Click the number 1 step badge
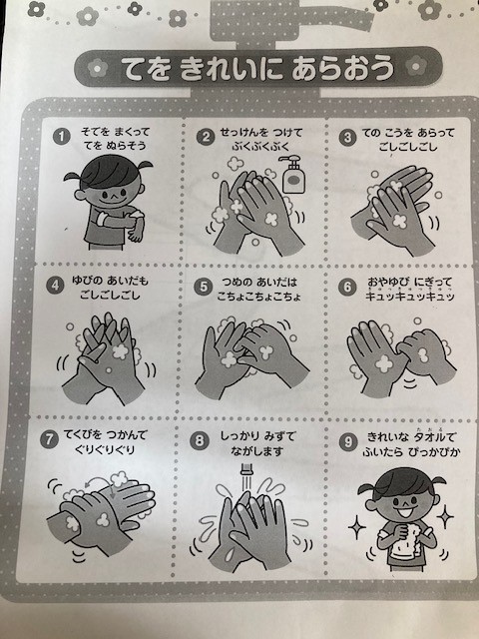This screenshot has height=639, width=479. click(x=61, y=136)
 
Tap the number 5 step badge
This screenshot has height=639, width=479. click(x=203, y=287)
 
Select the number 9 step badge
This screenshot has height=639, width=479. click(x=348, y=442)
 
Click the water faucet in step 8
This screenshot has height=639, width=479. click(x=245, y=469)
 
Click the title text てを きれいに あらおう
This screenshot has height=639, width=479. click(x=258, y=68)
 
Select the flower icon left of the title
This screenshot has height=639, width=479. click(x=97, y=68)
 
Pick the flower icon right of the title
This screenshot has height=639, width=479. click(x=416, y=67)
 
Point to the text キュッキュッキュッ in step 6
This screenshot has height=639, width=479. click(x=410, y=297)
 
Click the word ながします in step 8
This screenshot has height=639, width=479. click(x=256, y=450)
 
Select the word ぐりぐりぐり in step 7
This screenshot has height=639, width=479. click(x=105, y=450)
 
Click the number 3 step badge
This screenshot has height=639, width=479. click(x=347, y=137)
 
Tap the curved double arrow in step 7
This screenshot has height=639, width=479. click(x=101, y=482)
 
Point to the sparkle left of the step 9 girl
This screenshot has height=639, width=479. click(x=357, y=527)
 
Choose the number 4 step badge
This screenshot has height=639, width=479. click(x=55, y=286)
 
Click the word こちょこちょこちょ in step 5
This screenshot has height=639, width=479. click(x=259, y=297)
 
